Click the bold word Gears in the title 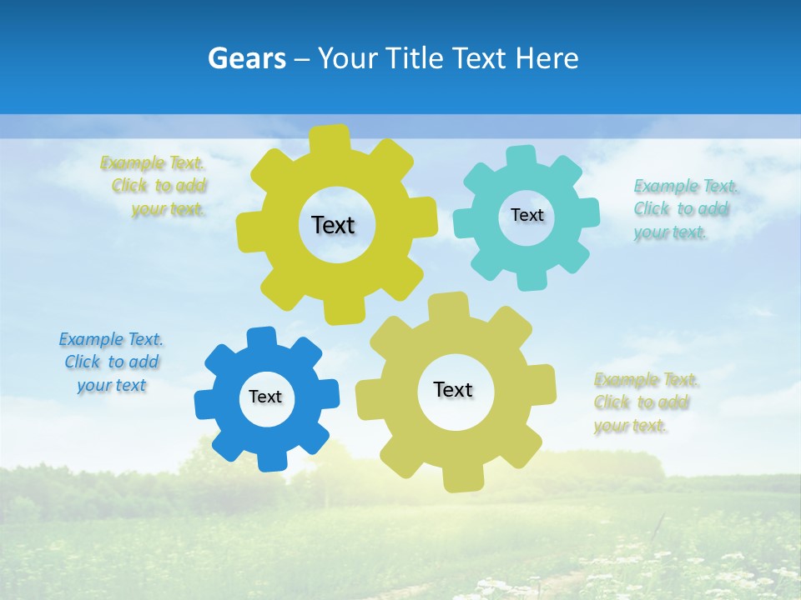point(246,58)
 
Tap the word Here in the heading point(547,58)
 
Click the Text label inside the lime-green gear point(333,225)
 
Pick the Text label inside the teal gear point(526,215)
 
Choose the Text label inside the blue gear point(265,397)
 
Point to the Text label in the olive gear point(453,389)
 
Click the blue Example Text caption point(112,362)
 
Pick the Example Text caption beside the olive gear point(646,402)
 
